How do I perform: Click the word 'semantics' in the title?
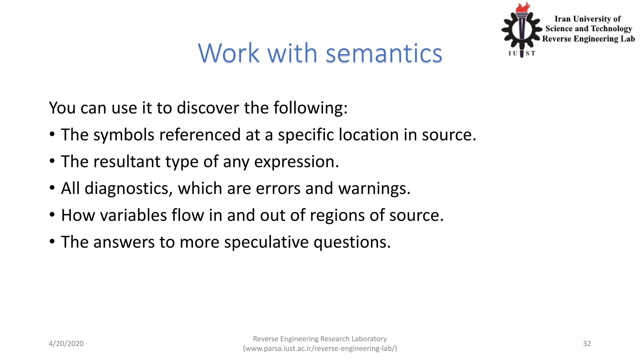384,53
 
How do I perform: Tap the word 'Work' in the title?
229,53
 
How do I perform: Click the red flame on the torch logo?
523,7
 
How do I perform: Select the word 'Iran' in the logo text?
562,19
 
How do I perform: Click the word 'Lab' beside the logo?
627,39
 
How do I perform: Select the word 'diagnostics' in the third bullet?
128,189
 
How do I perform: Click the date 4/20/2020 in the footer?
66,343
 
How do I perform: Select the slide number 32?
587,343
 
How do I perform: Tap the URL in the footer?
320,348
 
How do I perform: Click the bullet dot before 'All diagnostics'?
52,188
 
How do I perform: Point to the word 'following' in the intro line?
310,108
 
